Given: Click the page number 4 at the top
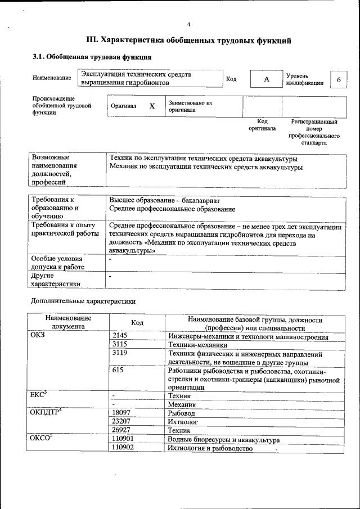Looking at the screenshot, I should click(189, 24).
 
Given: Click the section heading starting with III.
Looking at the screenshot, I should click(188, 40).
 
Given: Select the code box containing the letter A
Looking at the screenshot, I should click(267, 79).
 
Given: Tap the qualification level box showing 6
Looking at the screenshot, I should click(339, 79).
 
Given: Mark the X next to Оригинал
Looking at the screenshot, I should click(152, 106).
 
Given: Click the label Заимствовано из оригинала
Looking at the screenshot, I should click(190, 107).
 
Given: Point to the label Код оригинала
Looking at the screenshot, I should click(262, 125).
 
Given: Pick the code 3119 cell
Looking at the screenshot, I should click(120, 355).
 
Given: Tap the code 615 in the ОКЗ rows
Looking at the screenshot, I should click(118, 372).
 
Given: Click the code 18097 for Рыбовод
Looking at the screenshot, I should click(122, 412).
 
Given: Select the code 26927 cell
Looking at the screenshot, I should click(122, 430).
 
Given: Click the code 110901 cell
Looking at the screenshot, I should click(124, 439).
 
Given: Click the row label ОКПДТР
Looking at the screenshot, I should click(45, 412).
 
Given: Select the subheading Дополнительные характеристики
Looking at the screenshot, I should click(83, 301).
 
